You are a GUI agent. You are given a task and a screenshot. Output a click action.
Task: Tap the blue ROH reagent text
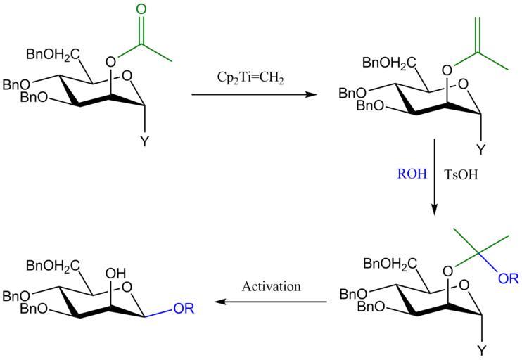pyautogui.click(x=411, y=174)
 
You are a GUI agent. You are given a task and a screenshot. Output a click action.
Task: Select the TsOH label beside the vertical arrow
pyautogui.click(x=461, y=174)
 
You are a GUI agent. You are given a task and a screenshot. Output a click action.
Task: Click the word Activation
pyautogui.click(x=271, y=286)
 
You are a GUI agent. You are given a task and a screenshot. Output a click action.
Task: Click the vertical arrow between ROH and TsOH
pyautogui.click(x=435, y=176)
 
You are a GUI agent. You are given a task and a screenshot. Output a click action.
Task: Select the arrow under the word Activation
pyautogui.click(x=271, y=302)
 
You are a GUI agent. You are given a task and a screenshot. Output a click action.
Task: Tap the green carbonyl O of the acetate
pyautogui.click(x=141, y=10)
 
